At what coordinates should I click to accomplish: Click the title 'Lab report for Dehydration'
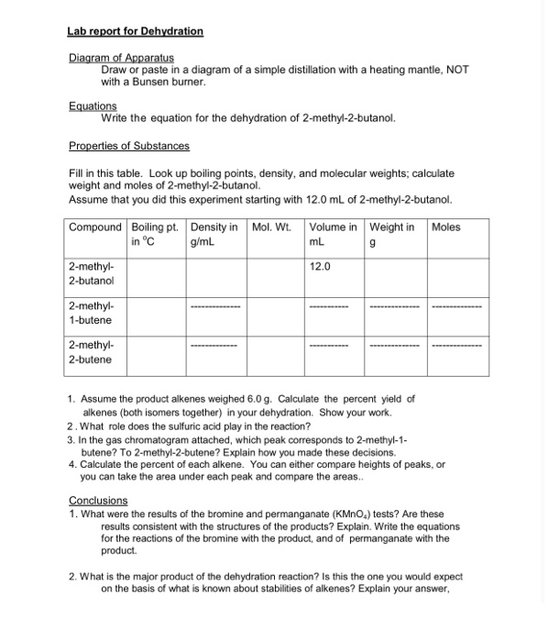(x=136, y=31)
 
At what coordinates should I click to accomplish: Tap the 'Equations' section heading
(x=93, y=106)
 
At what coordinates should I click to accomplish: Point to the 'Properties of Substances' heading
(x=129, y=146)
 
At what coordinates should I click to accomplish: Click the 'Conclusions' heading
(x=98, y=500)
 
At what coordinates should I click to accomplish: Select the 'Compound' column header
(x=95, y=227)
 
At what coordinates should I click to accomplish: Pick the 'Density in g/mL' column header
(x=214, y=234)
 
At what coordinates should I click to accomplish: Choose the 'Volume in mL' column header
(x=335, y=234)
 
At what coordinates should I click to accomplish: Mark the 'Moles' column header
(x=445, y=227)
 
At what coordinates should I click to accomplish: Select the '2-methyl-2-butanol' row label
(x=90, y=273)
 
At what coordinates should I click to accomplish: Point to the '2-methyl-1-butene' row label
(x=90, y=313)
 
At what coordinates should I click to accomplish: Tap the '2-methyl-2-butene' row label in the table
(x=90, y=352)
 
